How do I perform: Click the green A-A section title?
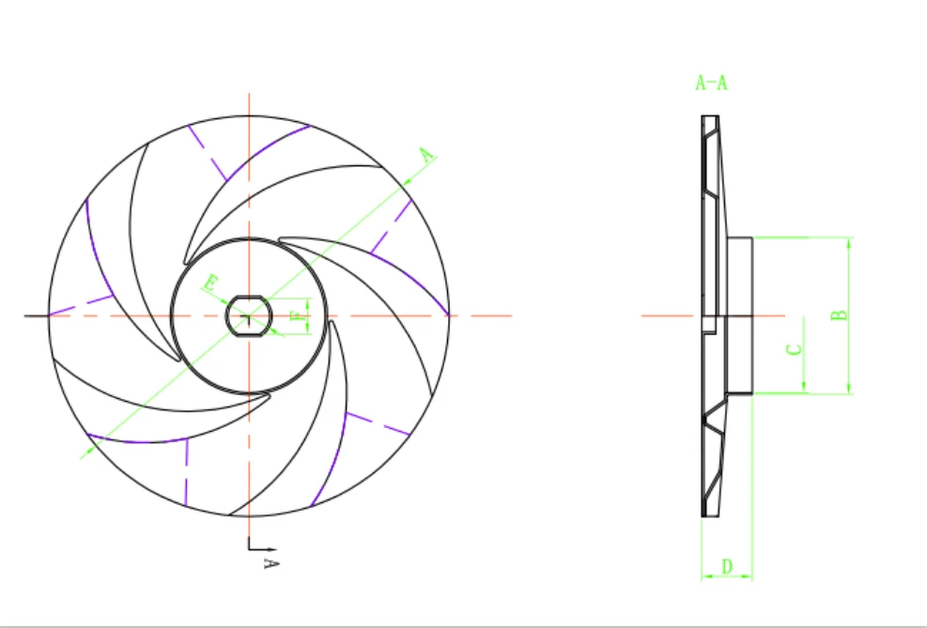tap(711, 83)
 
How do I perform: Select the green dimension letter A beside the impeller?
tap(427, 156)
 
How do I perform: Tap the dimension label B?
tap(839, 314)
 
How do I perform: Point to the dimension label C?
tap(795, 349)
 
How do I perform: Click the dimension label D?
tap(727, 567)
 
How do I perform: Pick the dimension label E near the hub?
tap(210, 283)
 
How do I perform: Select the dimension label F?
tap(300, 315)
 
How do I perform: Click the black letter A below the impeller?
tap(270, 563)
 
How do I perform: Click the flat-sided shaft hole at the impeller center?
tap(249, 316)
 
